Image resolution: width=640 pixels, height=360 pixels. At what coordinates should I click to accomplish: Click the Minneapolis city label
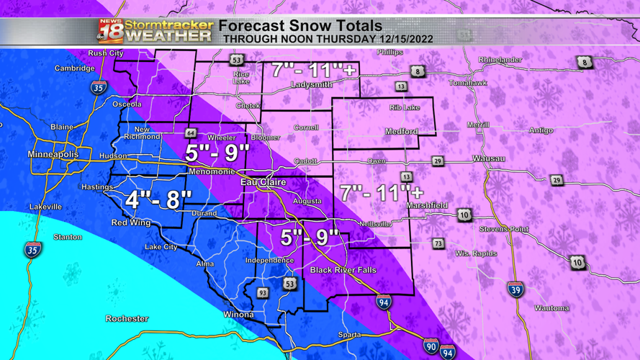(53, 155)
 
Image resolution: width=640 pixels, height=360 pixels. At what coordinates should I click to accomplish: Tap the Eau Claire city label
(263, 183)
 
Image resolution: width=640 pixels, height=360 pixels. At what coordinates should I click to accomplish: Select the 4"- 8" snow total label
(158, 199)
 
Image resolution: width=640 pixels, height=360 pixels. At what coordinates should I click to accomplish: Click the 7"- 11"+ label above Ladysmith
(314, 71)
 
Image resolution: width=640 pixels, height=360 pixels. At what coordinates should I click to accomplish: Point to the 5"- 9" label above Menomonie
(217, 153)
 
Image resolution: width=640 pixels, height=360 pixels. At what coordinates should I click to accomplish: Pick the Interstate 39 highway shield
(514, 289)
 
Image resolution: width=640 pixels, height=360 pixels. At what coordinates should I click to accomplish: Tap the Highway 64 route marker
(190, 133)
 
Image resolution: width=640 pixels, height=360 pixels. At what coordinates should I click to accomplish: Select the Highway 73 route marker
(438, 244)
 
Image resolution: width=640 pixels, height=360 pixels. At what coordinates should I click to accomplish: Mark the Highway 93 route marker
(263, 293)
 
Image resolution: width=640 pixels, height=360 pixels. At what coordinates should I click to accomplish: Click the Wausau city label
(488, 158)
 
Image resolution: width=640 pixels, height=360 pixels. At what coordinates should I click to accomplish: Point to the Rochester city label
(127, 318)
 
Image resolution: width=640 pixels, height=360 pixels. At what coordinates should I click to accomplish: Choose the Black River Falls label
(343, 270)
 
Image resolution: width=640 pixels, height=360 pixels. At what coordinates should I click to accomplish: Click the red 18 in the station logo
(109, 32)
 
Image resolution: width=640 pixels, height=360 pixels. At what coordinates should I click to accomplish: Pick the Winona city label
(238, 315)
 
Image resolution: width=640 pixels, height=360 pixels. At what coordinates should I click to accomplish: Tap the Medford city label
(401, 132)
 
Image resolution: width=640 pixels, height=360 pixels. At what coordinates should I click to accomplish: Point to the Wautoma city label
(551, 308)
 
